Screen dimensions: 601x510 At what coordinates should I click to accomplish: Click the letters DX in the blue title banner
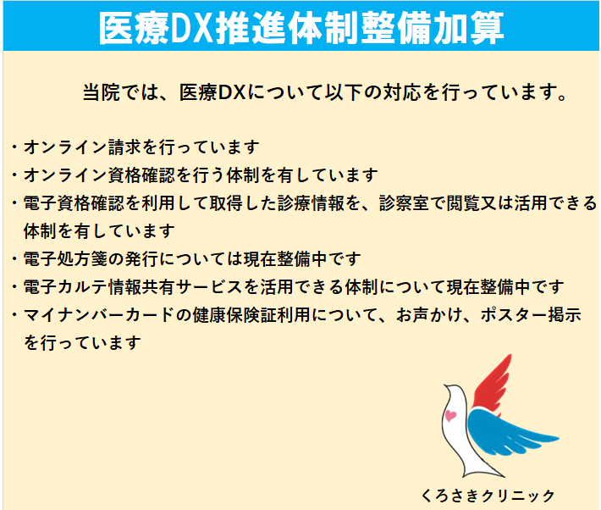(192, 28)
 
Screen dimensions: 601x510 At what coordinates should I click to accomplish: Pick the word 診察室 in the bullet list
(405, 203)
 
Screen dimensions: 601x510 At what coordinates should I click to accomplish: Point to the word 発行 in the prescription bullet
(142, 259)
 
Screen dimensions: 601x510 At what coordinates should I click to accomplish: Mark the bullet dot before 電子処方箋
(14, 259)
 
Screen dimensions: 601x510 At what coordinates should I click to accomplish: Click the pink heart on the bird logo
(450, 416)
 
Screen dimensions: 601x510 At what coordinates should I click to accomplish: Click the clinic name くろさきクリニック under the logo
(488, 496)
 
